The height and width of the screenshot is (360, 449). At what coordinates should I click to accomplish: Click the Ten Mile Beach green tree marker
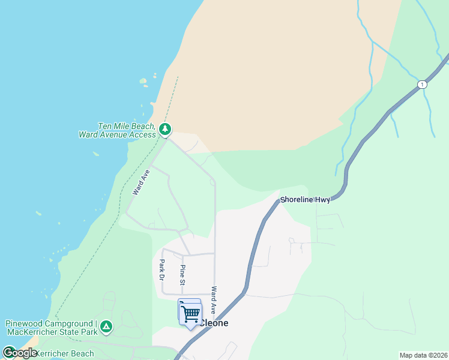click(165, 129)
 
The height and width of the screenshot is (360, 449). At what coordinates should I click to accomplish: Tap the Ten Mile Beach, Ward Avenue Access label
click(117, 130)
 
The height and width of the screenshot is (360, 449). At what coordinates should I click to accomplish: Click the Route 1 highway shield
click(423, 84)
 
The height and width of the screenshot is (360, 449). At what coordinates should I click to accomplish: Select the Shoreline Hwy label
click(305, 200)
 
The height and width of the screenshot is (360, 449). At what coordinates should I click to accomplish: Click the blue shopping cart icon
click(190, 313)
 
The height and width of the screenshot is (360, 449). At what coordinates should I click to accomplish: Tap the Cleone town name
click(214, 323)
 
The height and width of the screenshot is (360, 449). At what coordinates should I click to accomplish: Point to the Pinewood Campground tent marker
click(106, 326)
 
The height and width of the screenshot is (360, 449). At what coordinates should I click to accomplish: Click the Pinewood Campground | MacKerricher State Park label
click(51, 328)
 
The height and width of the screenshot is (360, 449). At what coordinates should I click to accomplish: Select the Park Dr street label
click(161, 270)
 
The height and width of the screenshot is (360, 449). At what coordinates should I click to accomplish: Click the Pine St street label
click(182, 274)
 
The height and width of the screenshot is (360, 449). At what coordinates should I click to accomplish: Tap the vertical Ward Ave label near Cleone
click(213, 300)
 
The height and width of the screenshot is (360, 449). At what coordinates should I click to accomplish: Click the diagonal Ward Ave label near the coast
click(140, 181)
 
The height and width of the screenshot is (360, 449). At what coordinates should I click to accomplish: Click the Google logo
click(19, 353)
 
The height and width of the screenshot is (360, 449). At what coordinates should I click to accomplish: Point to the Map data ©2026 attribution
click(424, 355)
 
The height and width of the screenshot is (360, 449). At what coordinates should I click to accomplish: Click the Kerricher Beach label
click(66, 353)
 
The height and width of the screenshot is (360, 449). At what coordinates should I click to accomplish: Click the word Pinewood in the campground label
click(24, 323)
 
